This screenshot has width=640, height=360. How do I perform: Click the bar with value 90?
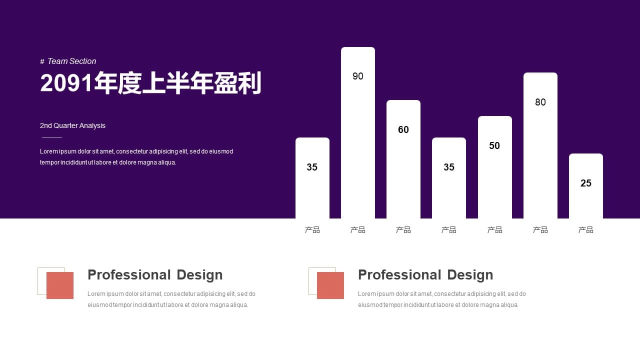(357, 133)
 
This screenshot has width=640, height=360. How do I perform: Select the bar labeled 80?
(540, 145)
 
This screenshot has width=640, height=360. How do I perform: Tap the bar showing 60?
(403, 159)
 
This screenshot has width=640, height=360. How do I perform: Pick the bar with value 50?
(495, 167)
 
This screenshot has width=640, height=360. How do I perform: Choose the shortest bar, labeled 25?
(585, 186)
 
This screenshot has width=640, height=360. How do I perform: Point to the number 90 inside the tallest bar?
(357, 76)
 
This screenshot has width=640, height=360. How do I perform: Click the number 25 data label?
(585, 183)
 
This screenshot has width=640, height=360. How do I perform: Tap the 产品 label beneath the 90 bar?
(357, 229)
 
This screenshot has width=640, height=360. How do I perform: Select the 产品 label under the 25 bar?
(585, 229)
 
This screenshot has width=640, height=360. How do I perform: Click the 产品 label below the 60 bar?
(403, 229)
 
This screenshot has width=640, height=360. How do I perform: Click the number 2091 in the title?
(66, 83)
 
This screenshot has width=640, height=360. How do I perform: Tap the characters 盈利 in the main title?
(237, 83)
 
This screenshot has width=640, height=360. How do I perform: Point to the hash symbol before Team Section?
(42, 61)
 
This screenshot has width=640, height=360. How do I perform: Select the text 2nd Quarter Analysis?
(72, 125)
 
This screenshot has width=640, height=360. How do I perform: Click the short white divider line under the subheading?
(51, 137)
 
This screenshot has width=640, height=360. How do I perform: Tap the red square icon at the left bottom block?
(60, 285)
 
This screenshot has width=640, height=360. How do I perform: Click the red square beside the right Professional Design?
(330, 285)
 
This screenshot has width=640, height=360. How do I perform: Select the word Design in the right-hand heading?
(470, 275)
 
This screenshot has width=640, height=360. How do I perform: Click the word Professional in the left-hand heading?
(129, 275)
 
